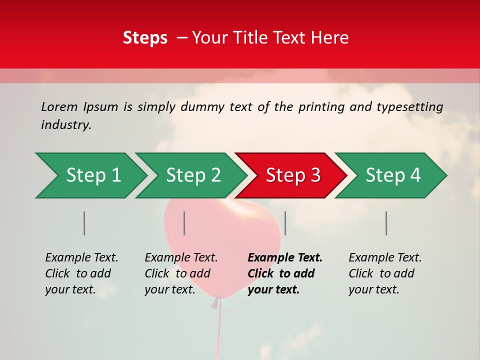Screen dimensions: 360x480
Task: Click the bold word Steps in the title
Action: click(145, 38)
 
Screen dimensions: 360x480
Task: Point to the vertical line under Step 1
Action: click(84, 223)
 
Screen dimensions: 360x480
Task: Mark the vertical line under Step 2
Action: click(184, 223)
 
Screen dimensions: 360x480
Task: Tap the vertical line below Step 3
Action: click(285, 223)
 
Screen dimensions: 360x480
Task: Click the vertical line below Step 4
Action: click(386, 223)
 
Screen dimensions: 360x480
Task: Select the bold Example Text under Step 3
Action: click(285, 273)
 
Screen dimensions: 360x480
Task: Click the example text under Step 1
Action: click(81, 273)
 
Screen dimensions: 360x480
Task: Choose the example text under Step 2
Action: click(181, 273)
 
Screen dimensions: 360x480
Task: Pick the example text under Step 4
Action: click(385, 273)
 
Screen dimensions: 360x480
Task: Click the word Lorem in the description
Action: click(59, 106)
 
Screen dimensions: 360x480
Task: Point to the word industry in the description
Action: click(66, 124)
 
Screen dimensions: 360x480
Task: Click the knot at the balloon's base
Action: click(217, 301)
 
